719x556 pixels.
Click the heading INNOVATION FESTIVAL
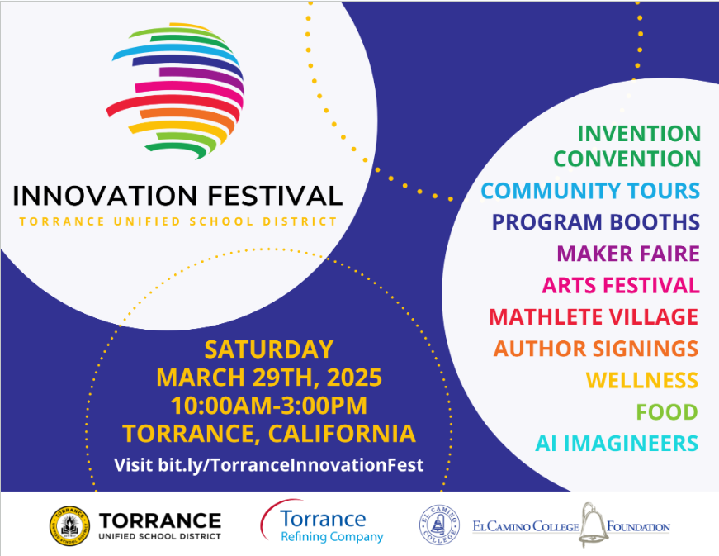[x=177, y=196]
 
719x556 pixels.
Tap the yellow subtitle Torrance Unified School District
[x=177, y=221]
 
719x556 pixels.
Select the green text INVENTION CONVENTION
[x=627, y=145]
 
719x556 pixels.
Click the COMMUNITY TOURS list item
[x=590, y=191]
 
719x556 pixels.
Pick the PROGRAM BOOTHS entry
[x=595, y=222]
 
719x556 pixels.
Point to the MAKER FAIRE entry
[x=628, y=254]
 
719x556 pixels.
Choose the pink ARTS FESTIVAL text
[x=621, y=285]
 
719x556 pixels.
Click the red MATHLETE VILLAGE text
[x=593, y=316]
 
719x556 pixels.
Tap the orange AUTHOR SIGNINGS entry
[x=595, y=349]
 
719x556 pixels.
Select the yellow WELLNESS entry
[x=641, y=380]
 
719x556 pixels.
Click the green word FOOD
[x=666, y=411]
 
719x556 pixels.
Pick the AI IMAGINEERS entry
[x=616, y=443]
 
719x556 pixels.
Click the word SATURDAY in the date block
[x=268, y=349]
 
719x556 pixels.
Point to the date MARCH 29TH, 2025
[x=268, y=378]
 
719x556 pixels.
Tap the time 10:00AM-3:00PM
[x=268, y=406]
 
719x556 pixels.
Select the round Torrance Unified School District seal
[x=69, y=526]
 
